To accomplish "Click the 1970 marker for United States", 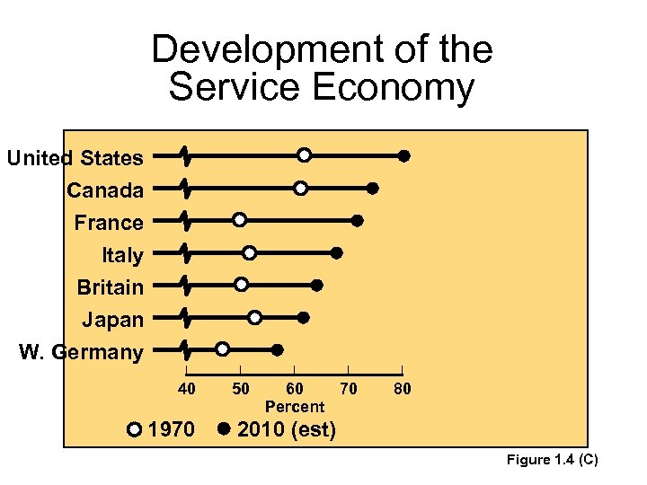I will [x=305, y=155].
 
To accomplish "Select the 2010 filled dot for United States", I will [x=404, y=155].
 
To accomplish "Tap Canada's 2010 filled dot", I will [x=372, y=188].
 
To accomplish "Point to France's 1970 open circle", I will [x=239, y=220].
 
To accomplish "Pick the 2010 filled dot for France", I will [x=358, y=220].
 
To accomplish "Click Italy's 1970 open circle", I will [x=249, y=252].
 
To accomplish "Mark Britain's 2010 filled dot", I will [x=317, y=285].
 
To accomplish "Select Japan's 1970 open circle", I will [x=255, y=317].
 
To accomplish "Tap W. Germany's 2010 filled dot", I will [x=278, y=349].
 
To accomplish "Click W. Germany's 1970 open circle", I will [x=222, y=349].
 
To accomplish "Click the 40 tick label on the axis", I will [x=186, y=389].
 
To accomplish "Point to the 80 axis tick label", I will [x=402, y=389].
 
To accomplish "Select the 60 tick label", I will [x=294, y=389].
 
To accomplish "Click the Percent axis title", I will [x=294, y=407].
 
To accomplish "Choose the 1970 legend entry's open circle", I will [x=134, y=429].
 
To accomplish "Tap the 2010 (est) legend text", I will [x=287, y=430].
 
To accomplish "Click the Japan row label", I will [x=113, y=320].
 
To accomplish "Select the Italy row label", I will [x=122, y=255].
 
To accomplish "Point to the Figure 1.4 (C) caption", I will [x=552, y=461].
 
